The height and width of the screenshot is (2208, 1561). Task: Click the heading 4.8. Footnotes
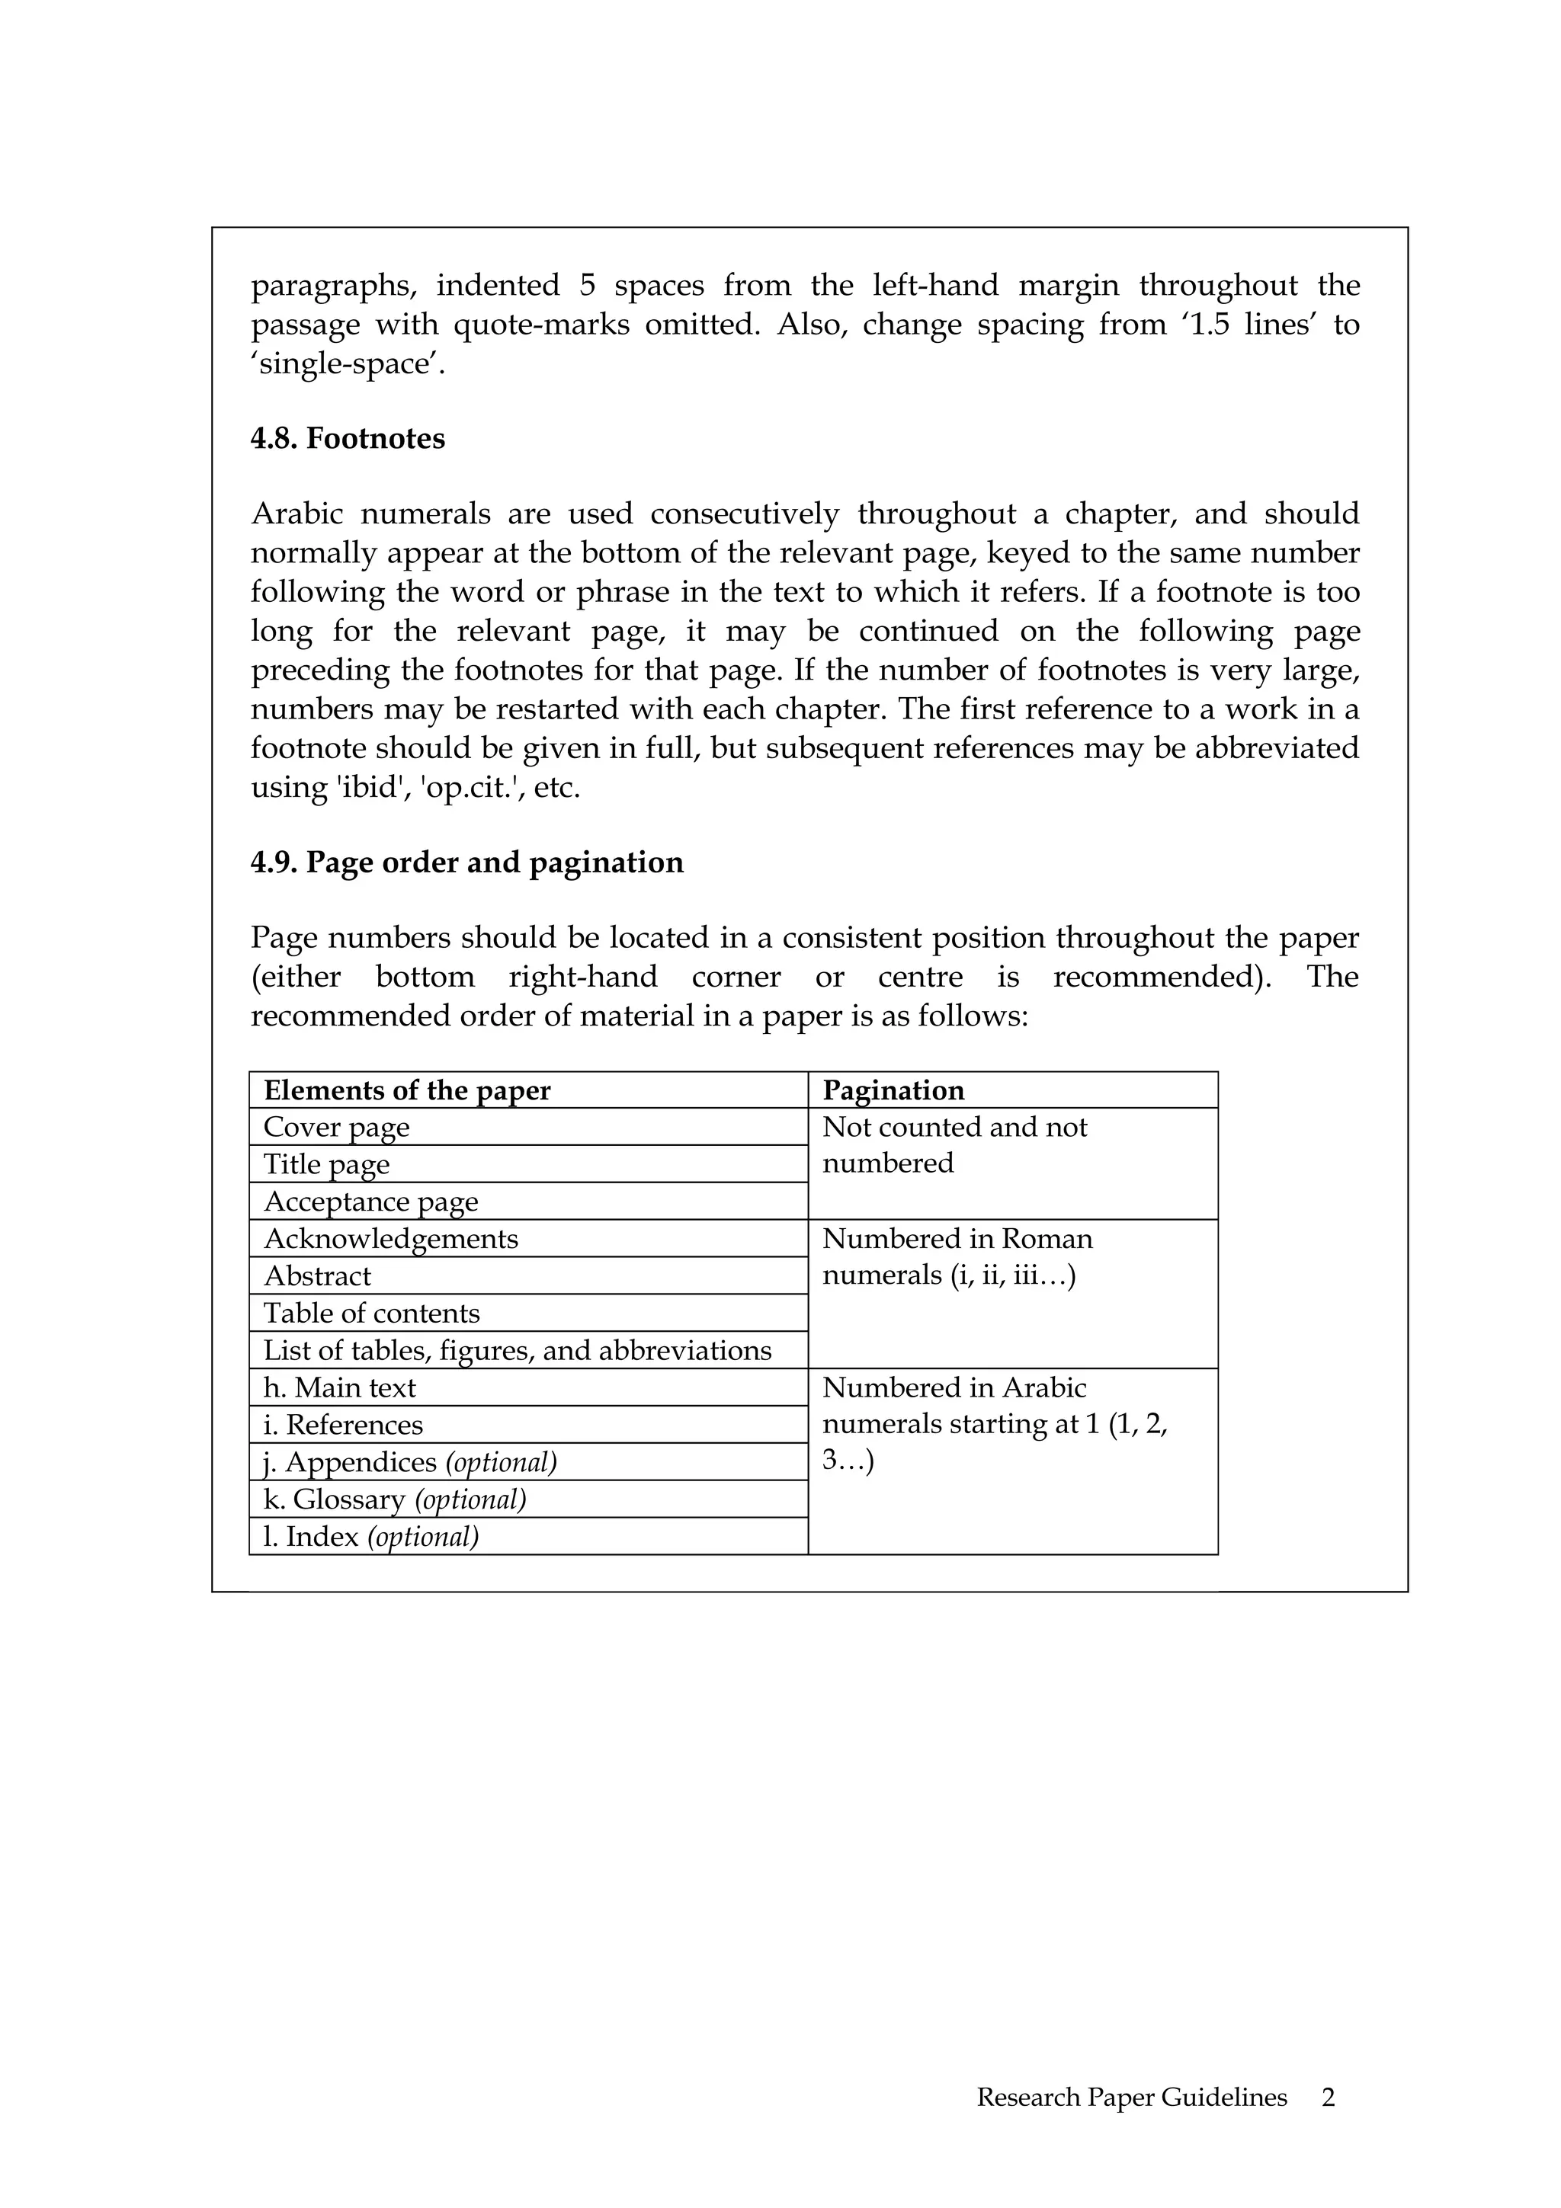[348, 439]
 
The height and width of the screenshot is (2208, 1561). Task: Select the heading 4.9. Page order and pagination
[466, 862]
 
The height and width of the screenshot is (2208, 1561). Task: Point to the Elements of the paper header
[407, 1090]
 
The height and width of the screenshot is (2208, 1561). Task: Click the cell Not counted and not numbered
[954, 1145]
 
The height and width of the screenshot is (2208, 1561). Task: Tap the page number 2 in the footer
[1329, 2098]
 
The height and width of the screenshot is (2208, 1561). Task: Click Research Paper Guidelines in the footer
[1132, 2098]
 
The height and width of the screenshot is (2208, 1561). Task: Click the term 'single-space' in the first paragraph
[348, 364]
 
